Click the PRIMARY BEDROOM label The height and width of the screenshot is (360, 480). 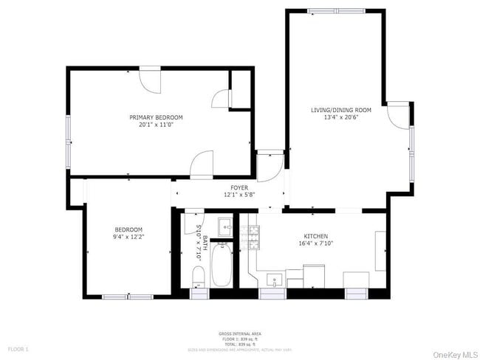pos(156,117)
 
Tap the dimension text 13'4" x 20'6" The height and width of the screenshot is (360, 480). pos(340,117)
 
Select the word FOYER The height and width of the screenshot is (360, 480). pos(239,188)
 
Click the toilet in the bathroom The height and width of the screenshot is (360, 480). pos(198,276)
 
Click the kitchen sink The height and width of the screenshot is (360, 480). pos(274,280)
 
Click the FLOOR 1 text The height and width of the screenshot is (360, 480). pos(18,348)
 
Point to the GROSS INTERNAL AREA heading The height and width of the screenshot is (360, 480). pos(239,334)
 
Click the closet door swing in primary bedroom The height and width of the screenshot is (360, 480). pos(220,100)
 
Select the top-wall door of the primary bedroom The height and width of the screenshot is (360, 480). pos(150,80)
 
